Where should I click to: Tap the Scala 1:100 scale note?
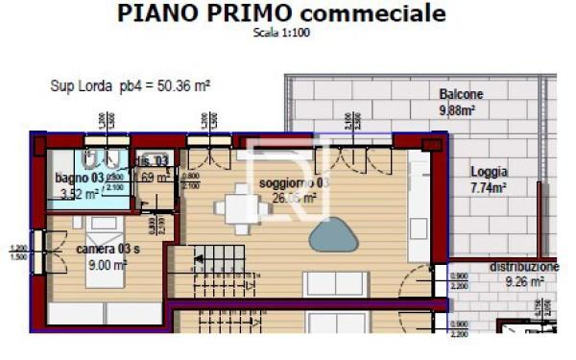281,32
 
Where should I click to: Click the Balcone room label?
461,94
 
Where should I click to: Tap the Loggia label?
489,172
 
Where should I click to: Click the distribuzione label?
523,267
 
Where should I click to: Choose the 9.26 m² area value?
525,282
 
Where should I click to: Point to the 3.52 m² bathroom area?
78,194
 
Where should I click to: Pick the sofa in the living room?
335,284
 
